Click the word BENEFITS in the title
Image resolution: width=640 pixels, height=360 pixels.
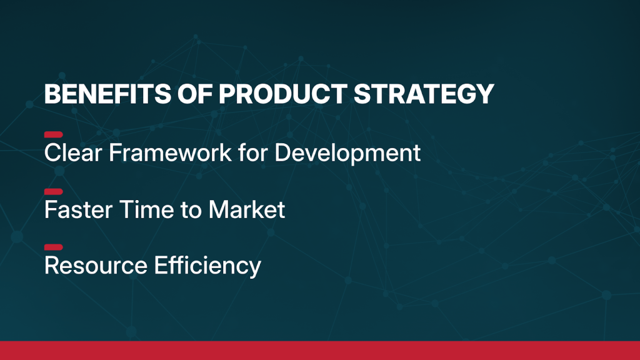[x=107, y=94]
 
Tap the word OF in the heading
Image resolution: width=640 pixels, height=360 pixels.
[x=195, y=94]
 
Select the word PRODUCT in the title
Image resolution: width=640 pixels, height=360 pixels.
[x=283, y=94]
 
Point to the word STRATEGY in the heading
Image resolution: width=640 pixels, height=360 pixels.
[x=424, y=94]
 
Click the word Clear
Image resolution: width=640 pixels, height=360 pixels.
[x=73, y=152]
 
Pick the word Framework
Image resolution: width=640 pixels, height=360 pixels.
[x=170, y=152]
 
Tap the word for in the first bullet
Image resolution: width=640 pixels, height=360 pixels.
[x=253, y=152]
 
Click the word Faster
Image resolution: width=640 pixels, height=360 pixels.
[x=78, y=210]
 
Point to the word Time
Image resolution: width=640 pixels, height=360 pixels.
[x=146, y=210]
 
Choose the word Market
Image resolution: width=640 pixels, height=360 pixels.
[x=246, y=210]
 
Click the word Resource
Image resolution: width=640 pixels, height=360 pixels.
[x=96, y=265]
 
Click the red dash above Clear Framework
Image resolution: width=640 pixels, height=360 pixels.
[x=54, y=135]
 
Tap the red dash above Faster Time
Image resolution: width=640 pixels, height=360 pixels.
[x=54, y=192]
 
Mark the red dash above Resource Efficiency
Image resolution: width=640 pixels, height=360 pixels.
[x=54, y=247]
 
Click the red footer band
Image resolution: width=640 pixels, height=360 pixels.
[x=320, y=351]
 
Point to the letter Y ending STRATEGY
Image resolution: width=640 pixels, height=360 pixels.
[x=485, y=94]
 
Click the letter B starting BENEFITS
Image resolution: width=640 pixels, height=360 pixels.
[x=53, y=94]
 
